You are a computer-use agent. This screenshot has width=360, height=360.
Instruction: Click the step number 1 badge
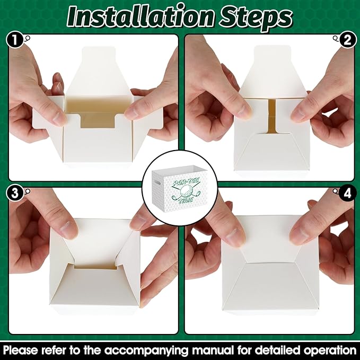(15, 39)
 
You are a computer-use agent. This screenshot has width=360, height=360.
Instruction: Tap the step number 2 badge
(348, 39)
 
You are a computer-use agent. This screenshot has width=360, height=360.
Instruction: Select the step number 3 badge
(15, 193)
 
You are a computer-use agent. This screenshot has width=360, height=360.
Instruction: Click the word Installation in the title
(141, 16)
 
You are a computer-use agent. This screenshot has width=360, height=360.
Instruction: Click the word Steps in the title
(256, 18)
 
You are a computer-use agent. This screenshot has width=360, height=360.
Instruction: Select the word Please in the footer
(21, 350)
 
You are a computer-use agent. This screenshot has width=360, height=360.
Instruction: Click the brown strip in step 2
(272, 116)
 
